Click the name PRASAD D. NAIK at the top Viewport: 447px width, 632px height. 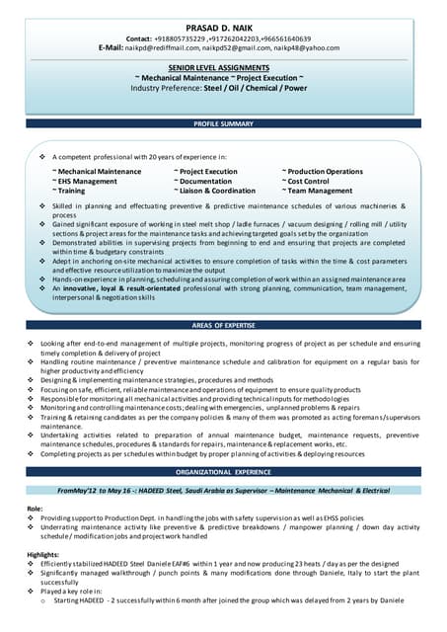(x=223, y=27)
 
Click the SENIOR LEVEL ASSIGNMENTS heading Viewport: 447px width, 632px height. (x=223, y=66)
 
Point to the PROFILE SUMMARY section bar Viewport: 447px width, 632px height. (x=223, y=123)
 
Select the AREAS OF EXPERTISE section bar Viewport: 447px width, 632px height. (x=223, y=325)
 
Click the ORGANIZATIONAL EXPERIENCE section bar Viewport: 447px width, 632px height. (x=223, y=472)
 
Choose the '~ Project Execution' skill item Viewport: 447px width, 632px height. (x=205, y=172)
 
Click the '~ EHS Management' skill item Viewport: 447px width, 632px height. (x=84, y=182)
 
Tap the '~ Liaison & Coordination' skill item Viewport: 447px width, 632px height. (x=214, y=191)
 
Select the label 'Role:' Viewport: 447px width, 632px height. (x=36, y=508)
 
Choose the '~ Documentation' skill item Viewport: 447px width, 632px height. (x=202, y=182)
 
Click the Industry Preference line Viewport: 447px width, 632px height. (x=223, y=86)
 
